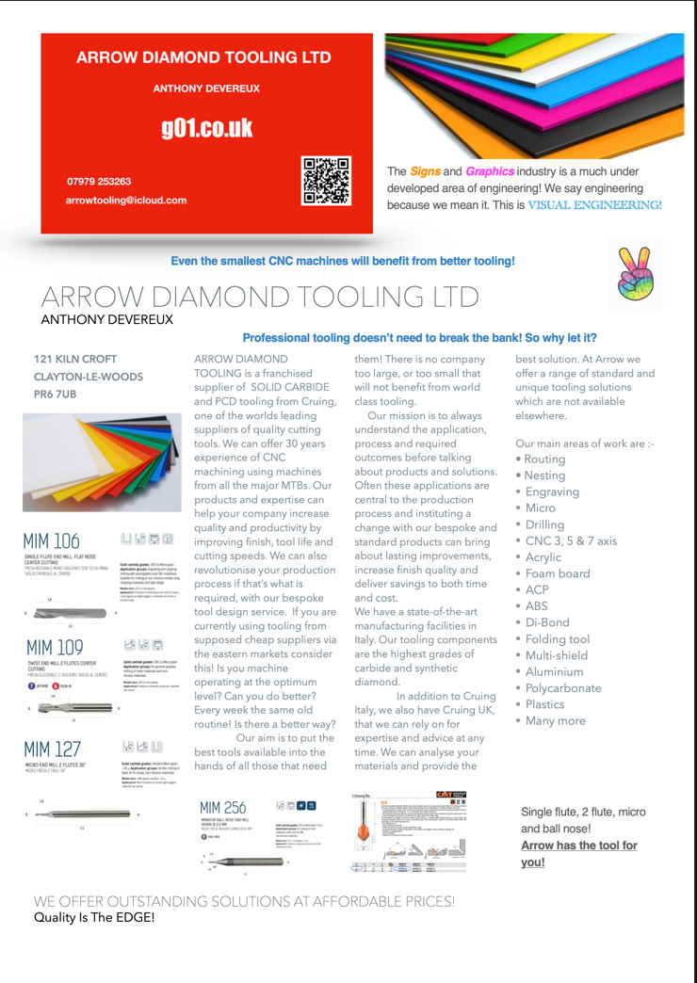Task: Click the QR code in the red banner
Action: pos(326,181)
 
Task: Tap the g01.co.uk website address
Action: pos(206,128)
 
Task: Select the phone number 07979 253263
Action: pos(99,181)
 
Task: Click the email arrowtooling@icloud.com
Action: pos(126,201)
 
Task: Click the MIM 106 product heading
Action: pos(53,541)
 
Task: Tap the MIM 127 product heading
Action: pos(54,750)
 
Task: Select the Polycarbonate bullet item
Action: pos(567,687)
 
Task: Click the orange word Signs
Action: pos(425,171)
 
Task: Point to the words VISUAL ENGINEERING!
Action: pos(593,204)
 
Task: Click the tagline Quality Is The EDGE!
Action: pos(94,916)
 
